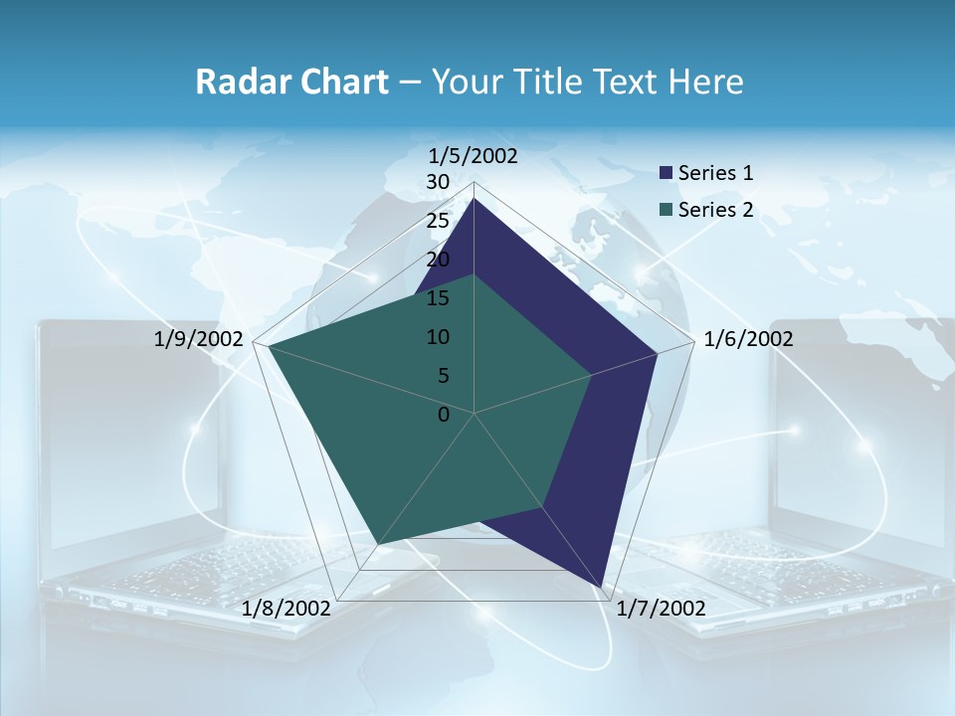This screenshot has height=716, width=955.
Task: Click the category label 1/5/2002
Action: (x=474, y=155)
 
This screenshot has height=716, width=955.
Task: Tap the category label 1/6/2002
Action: (x=748, y=339)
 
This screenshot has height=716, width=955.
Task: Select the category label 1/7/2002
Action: (x=661, y=609)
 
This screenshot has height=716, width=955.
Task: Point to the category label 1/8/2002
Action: (x=286, y=609)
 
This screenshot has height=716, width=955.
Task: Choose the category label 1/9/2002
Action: (x=199, y=339)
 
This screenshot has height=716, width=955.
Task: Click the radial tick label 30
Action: (x=438, y=182)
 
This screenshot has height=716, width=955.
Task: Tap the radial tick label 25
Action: (x=438, y=221)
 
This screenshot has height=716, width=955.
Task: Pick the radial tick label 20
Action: (x=438, y=260)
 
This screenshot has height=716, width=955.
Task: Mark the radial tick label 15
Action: (x=438, y=298)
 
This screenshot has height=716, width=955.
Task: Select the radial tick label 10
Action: (x=438, y=337)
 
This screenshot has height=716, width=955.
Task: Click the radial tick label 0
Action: (x=444, y=415)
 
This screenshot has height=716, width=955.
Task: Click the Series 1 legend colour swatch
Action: (x=667, y=173)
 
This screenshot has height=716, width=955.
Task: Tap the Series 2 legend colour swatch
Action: (x=667, y=210)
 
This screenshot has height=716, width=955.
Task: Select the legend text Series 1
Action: (x=715, y=173)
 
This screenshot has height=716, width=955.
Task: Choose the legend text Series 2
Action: (x=715, y=210)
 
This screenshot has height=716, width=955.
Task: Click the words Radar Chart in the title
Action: (x=291, y=82)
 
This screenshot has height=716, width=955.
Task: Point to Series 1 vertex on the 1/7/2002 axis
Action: (x=603, y=586)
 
